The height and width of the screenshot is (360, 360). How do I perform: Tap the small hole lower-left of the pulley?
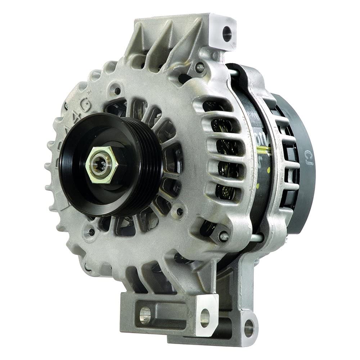pyautogui.click(x=91, y=232)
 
